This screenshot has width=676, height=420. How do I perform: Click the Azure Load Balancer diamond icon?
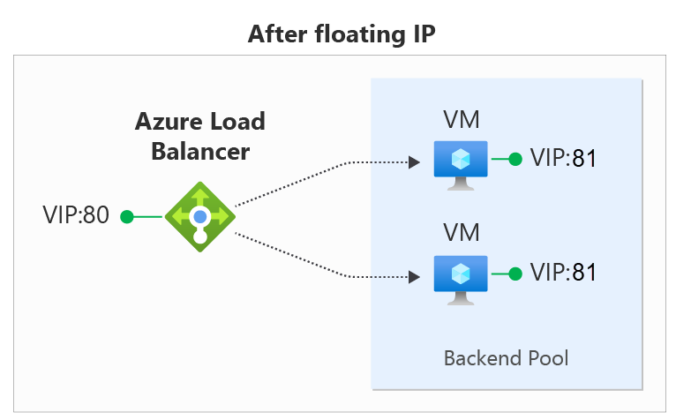200,216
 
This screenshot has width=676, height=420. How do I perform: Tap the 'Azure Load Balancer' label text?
199,136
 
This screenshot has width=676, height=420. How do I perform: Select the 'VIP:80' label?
75,216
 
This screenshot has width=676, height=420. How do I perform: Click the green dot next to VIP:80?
127,216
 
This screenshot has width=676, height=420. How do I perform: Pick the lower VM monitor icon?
462,279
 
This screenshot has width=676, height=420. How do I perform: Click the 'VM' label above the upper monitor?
462,120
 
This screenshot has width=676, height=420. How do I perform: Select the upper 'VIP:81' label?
564,159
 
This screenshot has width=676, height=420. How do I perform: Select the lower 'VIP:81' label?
564,273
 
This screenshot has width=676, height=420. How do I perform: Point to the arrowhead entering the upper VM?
412,162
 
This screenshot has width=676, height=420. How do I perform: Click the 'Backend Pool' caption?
506,358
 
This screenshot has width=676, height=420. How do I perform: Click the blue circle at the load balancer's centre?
200,215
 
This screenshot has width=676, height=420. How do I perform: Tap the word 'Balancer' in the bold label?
200,151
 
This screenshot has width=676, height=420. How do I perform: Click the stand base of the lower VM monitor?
462,303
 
